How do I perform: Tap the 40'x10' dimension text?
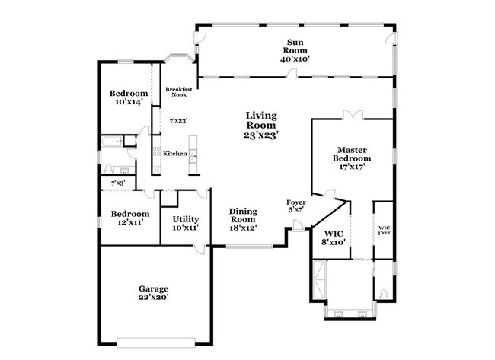pos(296,57)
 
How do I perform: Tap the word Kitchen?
pos(175,154)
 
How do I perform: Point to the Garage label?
pos(153,288)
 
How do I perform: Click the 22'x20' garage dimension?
pos(153,298)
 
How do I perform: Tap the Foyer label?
pos(296,202)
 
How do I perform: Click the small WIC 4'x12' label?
pos(384,229)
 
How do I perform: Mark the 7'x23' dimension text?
pos(178,120)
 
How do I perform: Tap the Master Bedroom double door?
pos(352,114)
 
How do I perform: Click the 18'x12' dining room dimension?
pos(244,227)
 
